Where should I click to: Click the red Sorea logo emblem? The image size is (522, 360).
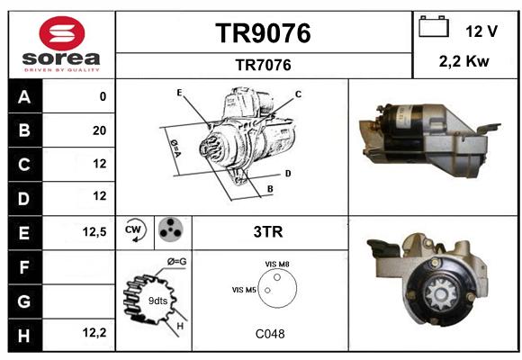(x=62, y=33)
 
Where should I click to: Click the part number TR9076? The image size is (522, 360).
(x=263, y=33)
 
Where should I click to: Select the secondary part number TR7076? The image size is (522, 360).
(x=263, y=65)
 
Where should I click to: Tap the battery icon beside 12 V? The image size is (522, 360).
(x=434, y=26)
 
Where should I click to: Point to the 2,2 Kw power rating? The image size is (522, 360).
(x=464, y=61)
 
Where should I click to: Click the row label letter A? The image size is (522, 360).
(x=24, y=97)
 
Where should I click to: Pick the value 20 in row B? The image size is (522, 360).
(x=100, y=130)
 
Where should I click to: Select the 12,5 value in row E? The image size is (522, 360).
(x=94, y=231)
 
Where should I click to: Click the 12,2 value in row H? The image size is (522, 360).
(x=94, y=332)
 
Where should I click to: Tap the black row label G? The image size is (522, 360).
(x=24, y=301)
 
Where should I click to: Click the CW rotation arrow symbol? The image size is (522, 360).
(x=134, y=230)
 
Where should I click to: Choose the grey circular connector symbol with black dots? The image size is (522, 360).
(x=170, y=229)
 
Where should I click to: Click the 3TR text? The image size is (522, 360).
(x=268, y=232)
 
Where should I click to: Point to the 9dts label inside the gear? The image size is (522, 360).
(x=157, y=301)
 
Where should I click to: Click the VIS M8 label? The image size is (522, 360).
(x=277, y=265)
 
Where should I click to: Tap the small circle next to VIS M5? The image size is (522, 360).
(x=267, y=291)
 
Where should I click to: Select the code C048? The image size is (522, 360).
(x=270, y=334)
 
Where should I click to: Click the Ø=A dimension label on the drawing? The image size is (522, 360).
(x=175, y=148)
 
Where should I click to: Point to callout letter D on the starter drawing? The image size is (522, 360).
(x=288, y=174)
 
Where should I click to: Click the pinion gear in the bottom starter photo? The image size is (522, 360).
(x=440, y=294)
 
